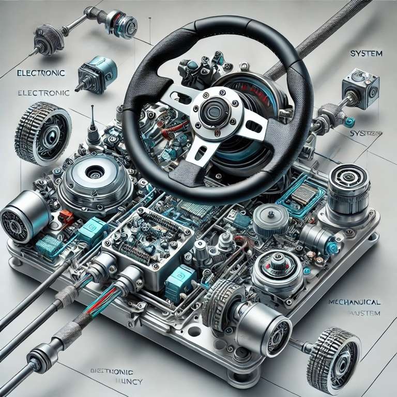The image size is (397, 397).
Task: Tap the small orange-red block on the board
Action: [67, 215]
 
